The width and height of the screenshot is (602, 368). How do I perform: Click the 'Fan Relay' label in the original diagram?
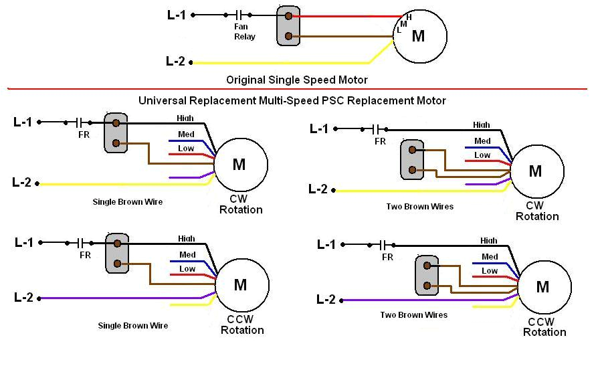[x=244, y=31]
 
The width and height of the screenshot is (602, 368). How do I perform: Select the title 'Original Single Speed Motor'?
[x=296, y=80]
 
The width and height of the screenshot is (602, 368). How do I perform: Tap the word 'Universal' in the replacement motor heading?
[x=163, y=100]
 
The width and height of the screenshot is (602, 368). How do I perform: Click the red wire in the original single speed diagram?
[x=348, y=15]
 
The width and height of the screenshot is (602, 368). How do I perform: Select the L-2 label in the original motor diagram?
[x=175, y=62]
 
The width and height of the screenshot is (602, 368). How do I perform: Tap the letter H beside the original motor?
[x=409, y=17]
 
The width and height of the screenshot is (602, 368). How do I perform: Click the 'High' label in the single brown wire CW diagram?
[x=185, y=118]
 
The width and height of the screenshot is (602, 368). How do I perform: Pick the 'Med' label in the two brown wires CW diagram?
[x=482, y=141]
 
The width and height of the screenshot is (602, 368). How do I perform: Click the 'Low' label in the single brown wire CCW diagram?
[x=187, y=269]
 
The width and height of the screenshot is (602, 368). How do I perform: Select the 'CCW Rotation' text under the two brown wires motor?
[x=544, y=327]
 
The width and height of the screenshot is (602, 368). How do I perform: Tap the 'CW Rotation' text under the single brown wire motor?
[x=241, y=204]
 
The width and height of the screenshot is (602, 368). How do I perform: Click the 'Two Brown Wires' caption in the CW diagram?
[x=419, y=207]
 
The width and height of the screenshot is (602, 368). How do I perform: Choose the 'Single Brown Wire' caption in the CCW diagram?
[x=132, y=326]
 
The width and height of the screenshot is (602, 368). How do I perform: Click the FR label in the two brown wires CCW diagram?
[x=387, y=257]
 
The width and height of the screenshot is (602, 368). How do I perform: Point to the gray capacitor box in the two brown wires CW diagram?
[x=411, y=159]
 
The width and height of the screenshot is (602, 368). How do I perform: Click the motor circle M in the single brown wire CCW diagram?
[x=241, y=285]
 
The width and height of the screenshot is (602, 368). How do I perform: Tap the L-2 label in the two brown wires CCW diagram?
[x=326, y=300]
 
